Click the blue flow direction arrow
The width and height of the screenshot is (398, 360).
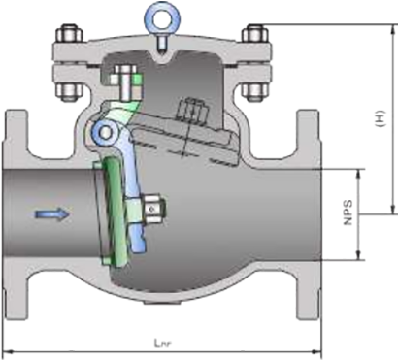click(x=52, y=214)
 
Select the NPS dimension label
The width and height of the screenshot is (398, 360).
click(x=348, y=213)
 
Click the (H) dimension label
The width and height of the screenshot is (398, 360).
click(x=381, y=118)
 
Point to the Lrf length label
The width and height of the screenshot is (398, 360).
click(x=162, y=343)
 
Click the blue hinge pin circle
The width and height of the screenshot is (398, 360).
click(x=105, y=132)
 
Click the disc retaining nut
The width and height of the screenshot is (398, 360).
click(x=154, y=210)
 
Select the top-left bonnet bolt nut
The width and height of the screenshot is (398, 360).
click(x=69, y=34)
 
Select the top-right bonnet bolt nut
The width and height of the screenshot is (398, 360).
click(x=254, y=34)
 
